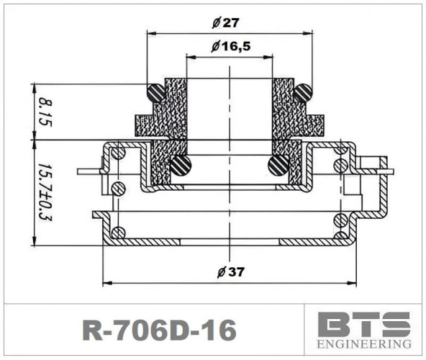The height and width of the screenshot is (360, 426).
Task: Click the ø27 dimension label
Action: click(x=226, y=22)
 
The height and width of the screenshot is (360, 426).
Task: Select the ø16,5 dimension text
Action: click(x=231, y=47)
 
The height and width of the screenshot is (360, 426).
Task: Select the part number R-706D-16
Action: click(x=160, y=330)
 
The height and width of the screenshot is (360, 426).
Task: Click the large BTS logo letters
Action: click(x=364, y=325)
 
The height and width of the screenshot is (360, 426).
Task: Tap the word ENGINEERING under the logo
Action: click(x=364, y=344)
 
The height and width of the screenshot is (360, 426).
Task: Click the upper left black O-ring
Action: click(x=155, y=92)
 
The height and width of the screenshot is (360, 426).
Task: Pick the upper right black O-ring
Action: click(x=303, y=92)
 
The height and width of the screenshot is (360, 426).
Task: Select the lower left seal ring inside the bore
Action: click(x=180, y=166)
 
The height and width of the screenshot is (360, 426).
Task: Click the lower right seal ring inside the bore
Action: click(x=278, y=166)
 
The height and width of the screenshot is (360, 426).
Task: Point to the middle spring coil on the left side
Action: click(x=118, y=189)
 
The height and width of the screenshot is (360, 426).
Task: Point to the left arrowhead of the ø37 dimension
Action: click(x=108, y=282)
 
